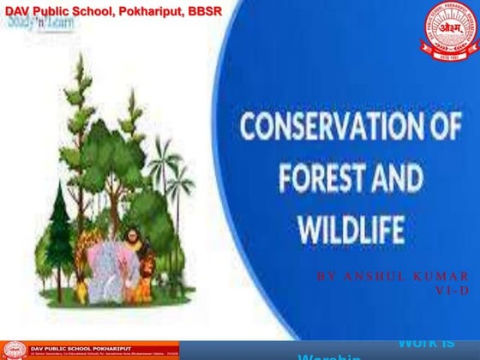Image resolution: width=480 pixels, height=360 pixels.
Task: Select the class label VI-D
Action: tap(453, 290)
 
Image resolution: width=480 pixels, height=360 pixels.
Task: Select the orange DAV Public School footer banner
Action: tap(90, 350)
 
